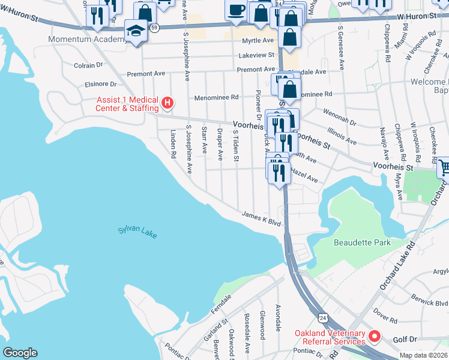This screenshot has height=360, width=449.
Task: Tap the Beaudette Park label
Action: (362, 242)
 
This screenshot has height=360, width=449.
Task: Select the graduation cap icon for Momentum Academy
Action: (135, 30)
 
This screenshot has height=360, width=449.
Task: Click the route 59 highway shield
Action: (155, 28)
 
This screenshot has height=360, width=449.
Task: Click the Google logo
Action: (20, 352)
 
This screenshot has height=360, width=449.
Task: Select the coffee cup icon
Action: (236, 9)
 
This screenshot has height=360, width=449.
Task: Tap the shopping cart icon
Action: (444, 167)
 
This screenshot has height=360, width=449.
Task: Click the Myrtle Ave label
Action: (258, 41)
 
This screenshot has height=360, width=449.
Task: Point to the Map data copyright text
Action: (424, 355)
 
